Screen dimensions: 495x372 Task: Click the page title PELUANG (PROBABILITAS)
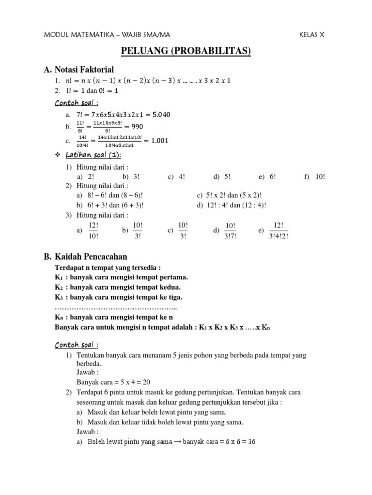click(x=186, y=51)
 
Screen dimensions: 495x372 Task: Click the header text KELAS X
click(x=312, y=35)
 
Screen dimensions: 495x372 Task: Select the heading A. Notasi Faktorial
click(x=78, y=70)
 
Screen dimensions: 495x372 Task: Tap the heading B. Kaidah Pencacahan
click(x=85, y=257)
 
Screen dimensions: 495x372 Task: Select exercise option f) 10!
click(x=315, y=177)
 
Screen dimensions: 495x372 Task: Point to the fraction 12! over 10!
click(x=94, y=231)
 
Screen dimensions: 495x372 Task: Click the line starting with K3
click(x=119, y=297)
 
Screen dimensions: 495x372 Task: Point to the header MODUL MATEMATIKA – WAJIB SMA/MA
click(x=107, y=35)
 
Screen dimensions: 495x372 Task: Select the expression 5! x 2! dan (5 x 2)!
click(x=230, y=195)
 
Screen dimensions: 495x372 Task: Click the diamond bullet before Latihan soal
click(x=58, y=155)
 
